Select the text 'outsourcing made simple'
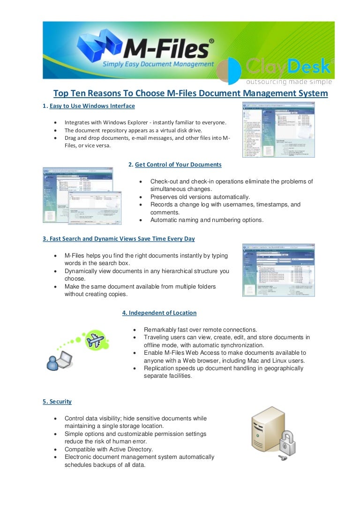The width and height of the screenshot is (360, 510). point(289,82)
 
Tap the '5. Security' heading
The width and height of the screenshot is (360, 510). point(57,402)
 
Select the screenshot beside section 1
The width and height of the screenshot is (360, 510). point(278,129)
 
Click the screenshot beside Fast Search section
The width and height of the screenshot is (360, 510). point(278,270)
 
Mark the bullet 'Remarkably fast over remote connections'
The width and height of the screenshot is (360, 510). point(200,329)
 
